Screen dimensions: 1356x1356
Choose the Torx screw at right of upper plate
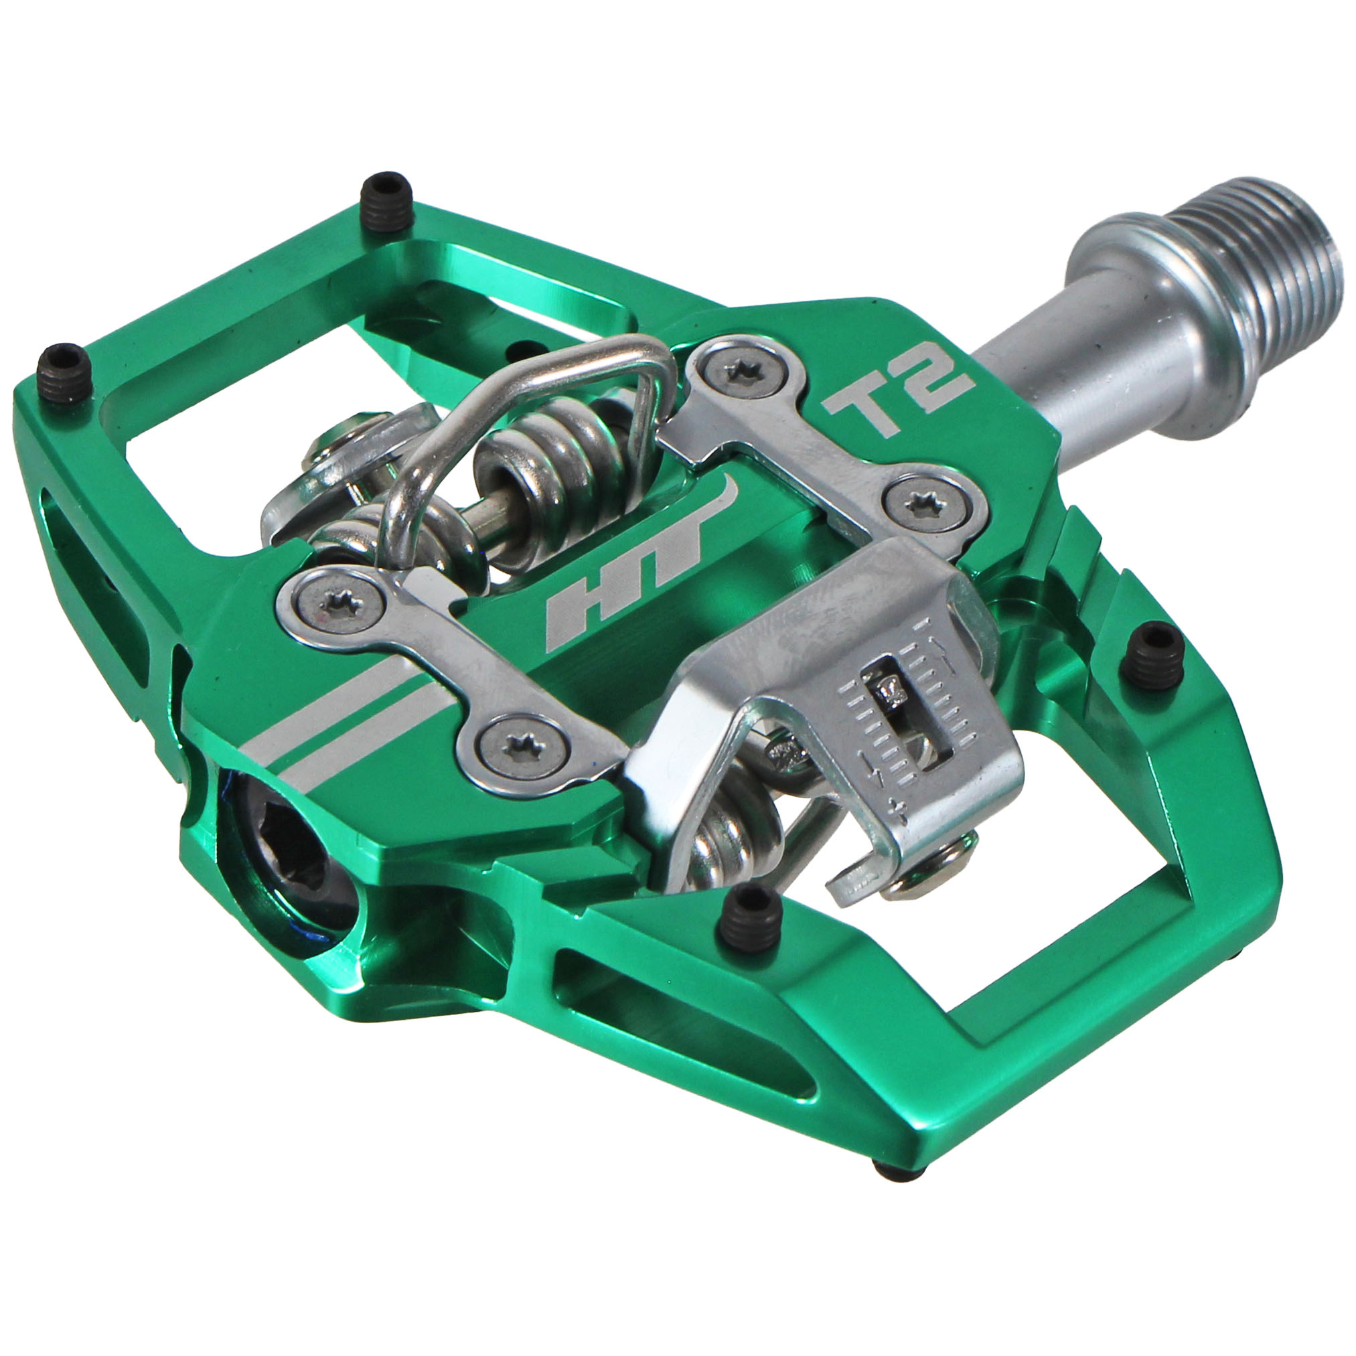point(921,500)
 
